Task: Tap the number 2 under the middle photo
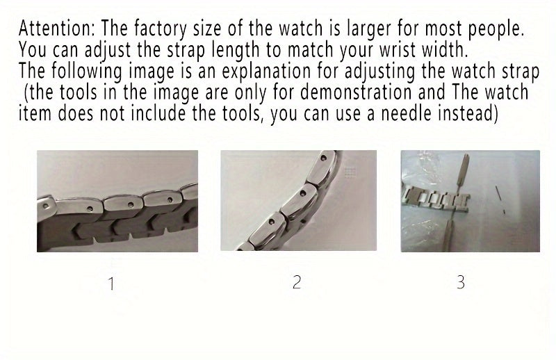coord(297,283)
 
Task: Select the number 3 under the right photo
coord(460,283)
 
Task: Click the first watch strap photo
coord(117,202)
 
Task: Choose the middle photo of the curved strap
coord(298,202)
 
